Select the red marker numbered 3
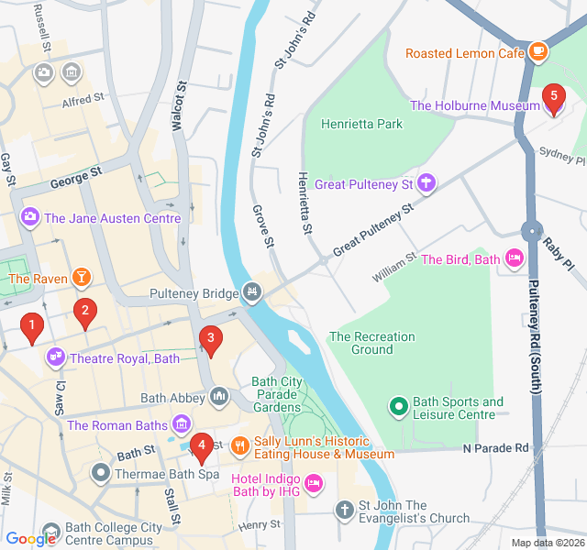[x=211, y=339]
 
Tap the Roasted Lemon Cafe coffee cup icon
[x=538, y=53]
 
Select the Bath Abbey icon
[x=218, y=397]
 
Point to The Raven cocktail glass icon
[x=82, y=277]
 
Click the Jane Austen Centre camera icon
[x=30, y=217]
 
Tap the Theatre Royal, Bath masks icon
[x=56, y=357]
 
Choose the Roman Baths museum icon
[x=181, y=424]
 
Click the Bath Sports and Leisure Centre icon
[x=398, y=404]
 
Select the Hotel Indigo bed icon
[x=314, y=481]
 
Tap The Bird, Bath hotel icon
[x=514, y=259]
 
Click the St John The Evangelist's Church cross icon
[x=344, y=509]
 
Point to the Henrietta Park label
[x=362, y=124]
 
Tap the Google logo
[x=31, y=539]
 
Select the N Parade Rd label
[x=496, y=448]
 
